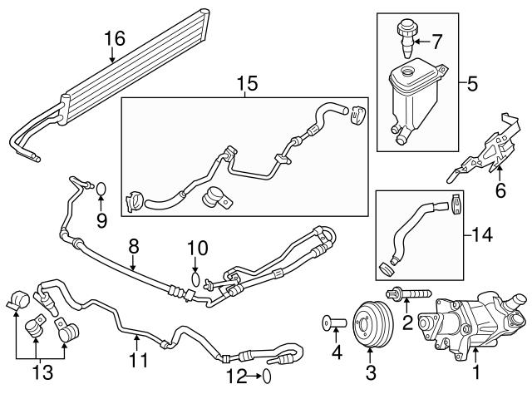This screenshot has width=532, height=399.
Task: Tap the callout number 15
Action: click(x=247, y=84)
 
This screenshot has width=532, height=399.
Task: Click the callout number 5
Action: click(x=471, y=83)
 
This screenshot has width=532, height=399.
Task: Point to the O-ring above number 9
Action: click(x=100, y=189)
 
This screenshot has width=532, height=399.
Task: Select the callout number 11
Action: click(x=137, y=362)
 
